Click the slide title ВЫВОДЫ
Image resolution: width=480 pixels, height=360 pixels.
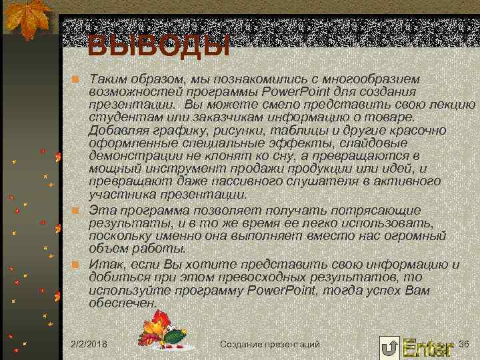coord(159,45)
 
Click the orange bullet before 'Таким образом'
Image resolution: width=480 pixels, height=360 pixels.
coord(76,79)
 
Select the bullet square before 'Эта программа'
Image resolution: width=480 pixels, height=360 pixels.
coord(76,211)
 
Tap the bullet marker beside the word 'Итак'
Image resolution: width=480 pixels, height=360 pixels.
coord(76,265)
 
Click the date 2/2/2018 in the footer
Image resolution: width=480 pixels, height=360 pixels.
coord(91,344)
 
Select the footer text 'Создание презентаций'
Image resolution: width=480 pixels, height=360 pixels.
coord(269,344)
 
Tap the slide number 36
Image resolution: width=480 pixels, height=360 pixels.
coord(465,343)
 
